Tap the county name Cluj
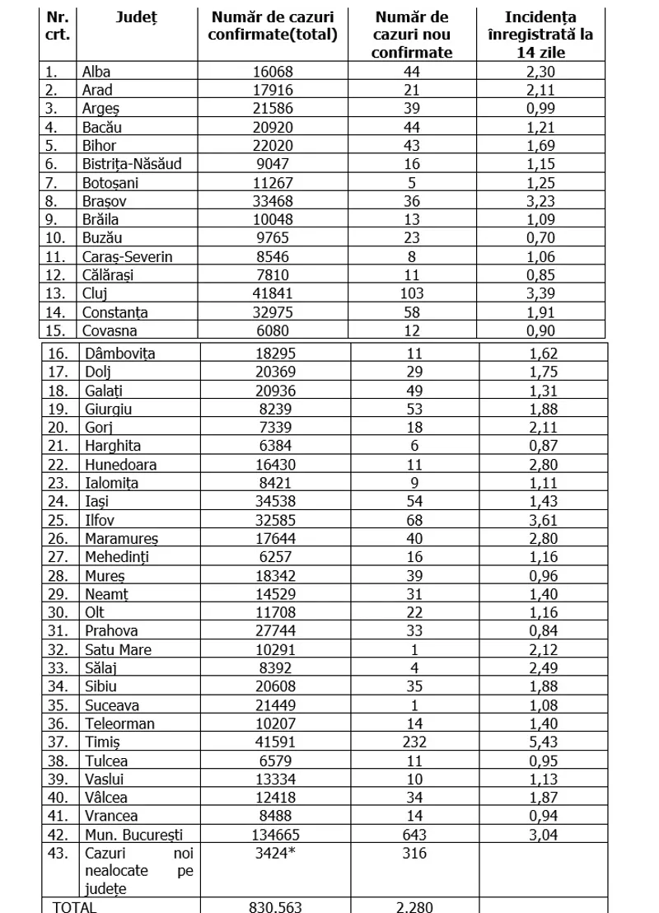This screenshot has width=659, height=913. coord(96,293)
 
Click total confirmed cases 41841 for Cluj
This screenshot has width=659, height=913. coord(273,293)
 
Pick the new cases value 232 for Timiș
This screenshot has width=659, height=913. coord(414,742)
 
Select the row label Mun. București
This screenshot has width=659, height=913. coord(133,834)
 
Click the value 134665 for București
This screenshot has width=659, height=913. coord(274,834)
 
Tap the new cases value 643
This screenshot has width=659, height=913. coord(414,834)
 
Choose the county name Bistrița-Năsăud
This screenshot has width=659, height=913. coord(131,163)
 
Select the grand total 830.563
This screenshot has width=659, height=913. coord(274,906)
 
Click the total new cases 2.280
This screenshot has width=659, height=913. coord(414,906)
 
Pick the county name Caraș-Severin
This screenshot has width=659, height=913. coord(127,256)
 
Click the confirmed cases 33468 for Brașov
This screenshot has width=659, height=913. coord(273,200)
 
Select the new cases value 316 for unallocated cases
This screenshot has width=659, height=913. coord(414,853)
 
